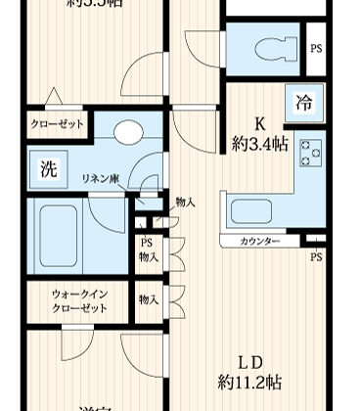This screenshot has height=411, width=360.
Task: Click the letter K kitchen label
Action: (x=261, y=124)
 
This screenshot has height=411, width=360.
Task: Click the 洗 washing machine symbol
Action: (x=47, y=167)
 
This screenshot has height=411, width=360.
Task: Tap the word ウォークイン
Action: (x=80, y=293)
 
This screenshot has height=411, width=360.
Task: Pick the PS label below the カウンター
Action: (x=315, y=257)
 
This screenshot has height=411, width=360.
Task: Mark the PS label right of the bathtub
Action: (x=146, y=243)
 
